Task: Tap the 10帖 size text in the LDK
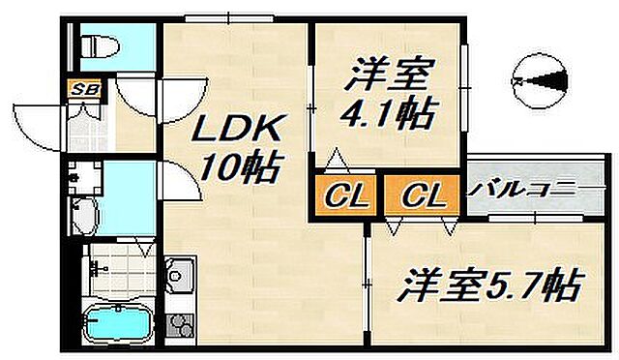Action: pos(240,169)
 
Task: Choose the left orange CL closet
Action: pos(344,196)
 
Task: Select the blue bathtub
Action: pos(117,322)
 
